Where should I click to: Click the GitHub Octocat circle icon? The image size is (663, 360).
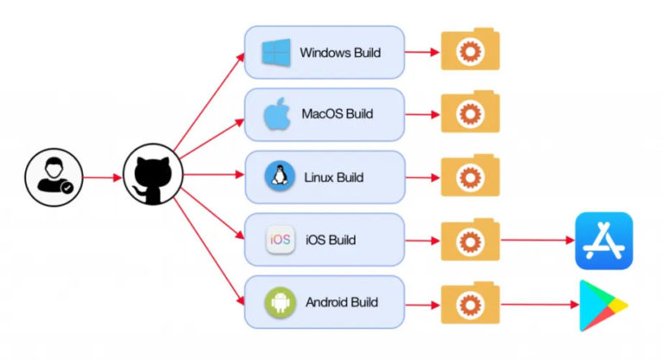153,177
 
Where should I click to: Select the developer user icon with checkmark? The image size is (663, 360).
53,177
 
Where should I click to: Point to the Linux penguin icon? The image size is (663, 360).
279,177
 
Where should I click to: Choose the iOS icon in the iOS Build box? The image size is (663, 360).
281,240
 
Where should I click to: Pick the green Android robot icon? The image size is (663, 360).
280,302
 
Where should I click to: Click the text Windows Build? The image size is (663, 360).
340,54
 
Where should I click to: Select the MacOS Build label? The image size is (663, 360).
337,114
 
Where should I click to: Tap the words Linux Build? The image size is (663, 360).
333,178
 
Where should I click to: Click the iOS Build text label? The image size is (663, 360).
331,240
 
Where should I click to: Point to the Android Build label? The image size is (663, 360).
342,303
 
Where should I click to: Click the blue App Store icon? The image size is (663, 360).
604,241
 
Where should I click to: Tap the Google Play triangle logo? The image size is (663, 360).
602,303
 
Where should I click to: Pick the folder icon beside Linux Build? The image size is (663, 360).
470,176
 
